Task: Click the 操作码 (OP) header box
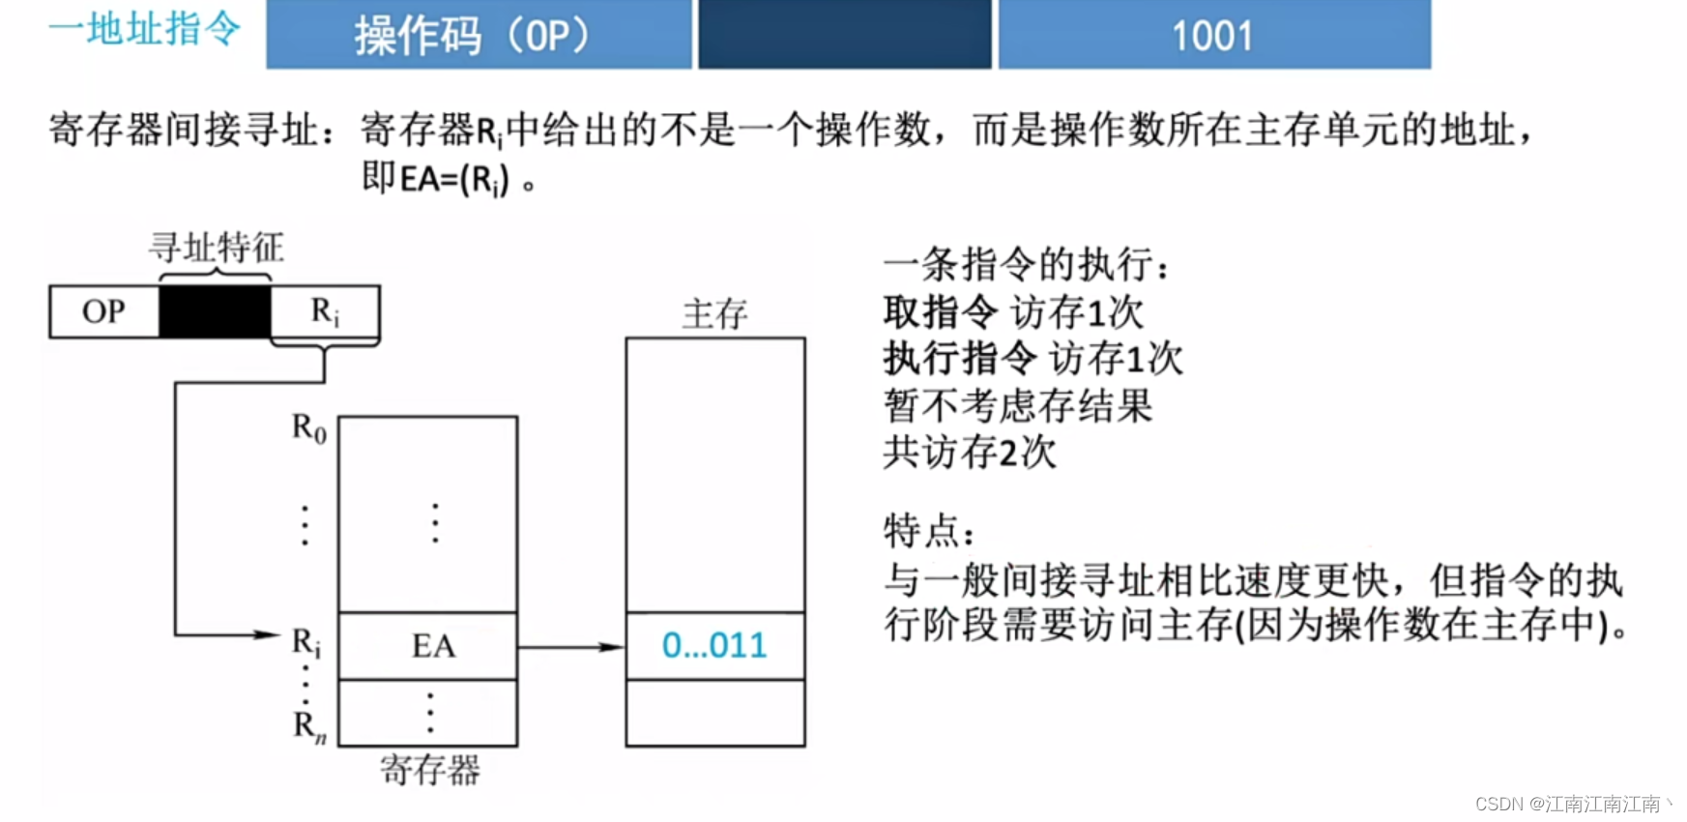(x=479, y=35)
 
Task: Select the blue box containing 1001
(x=1214, y=35)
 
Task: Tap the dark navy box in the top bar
(x=845, y=35)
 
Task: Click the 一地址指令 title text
(x=145, y=29)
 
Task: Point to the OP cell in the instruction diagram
(x=103, y=311)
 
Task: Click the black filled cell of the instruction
(x=215, y=311)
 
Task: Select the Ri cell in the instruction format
(x=325, y=311)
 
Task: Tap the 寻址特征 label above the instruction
(x=217, y=248)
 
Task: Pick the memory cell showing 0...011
(x=714, y=646)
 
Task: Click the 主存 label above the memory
(x=714, y=314)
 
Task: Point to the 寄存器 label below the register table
(x=429, y=771)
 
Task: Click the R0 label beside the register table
(x=309, y=427)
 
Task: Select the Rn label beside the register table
(x=309, y=725)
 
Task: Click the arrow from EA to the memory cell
(x=570, y=647)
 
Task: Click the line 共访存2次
(x=970, y=453)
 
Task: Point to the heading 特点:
(x=929, y=531)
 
